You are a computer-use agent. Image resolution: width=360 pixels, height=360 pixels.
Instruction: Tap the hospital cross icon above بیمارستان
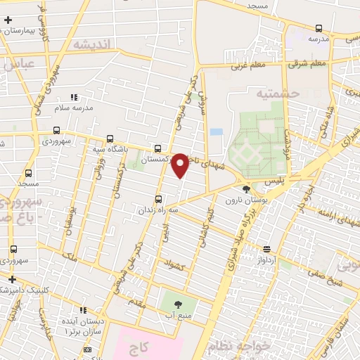pyautogui.click(x=8, y=20)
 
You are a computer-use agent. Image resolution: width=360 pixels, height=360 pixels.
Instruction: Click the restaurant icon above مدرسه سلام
pyautogui.click(x=74, y=98)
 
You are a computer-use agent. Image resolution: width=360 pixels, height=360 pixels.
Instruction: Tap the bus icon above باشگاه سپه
pyautogui.click(x=108, y=139)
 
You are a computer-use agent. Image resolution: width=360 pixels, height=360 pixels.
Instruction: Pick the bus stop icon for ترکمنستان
pyautogui.click(x=157, y=148)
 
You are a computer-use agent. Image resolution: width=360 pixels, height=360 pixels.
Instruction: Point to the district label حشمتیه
pyautogui.click(x=277, y=93)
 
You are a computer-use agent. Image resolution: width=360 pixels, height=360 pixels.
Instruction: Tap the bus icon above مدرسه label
pyautogui.click(x=319, y=28)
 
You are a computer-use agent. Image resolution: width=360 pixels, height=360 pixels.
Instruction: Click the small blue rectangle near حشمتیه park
pyautogui.click(x=216, y=131)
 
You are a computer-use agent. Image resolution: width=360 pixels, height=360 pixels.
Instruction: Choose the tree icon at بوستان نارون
pyautogui.click(x=245, y=189)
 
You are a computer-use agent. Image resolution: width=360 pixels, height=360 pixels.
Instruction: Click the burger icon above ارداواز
pyautogui.click(x=266, y=249)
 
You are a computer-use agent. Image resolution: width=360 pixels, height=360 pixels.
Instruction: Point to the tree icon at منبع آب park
pyautogui.click(x=176, y=304)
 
